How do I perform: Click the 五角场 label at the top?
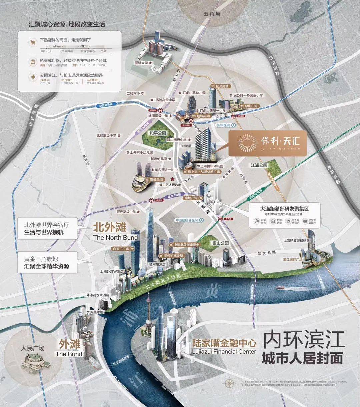tap(212, 14)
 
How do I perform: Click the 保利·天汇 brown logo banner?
tap(267, 143)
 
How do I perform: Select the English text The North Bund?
tap(115, 237)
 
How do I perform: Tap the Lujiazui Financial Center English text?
tap(224, 352)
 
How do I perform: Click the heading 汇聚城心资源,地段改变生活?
tap(67, 24)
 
